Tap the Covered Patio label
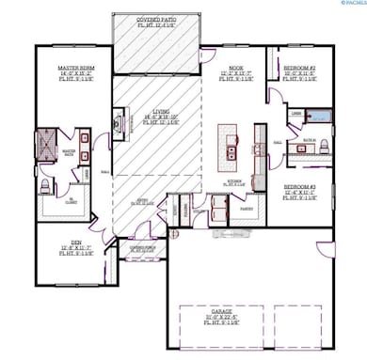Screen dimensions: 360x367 pyautogui.click(x=157, y=20)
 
